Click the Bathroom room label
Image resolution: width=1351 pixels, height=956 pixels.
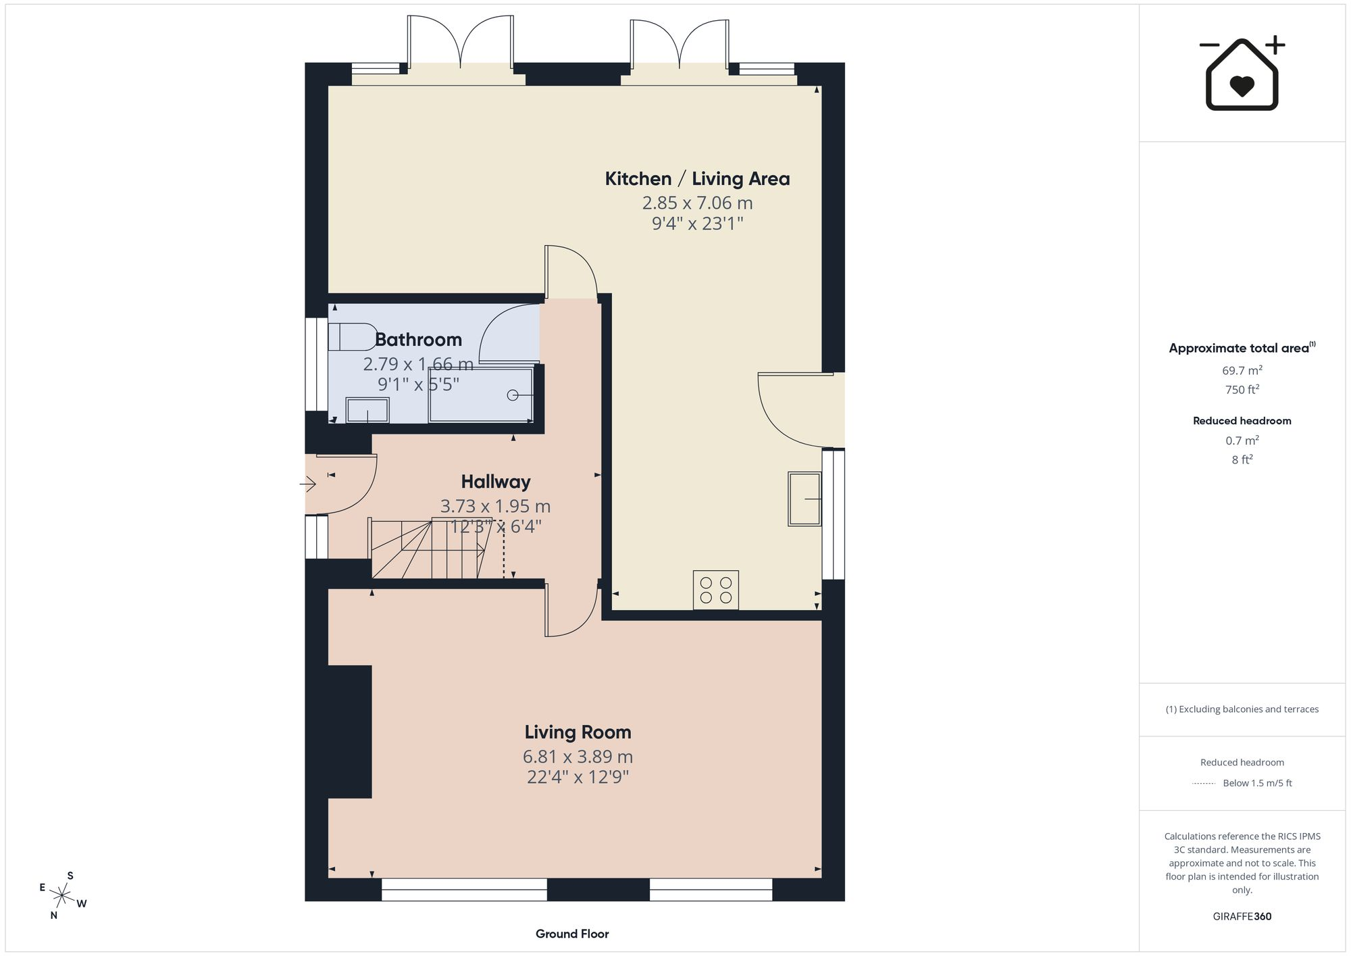(x=418, y=339)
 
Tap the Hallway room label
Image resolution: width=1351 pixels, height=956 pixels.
(x=496, y=482)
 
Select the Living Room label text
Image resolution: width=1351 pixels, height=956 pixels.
(x=578, y=732)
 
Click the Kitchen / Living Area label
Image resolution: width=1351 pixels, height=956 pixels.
(x=697, y=178)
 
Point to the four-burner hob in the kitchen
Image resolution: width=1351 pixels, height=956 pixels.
(x=715, y=590)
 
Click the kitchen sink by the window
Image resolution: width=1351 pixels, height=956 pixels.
(x=805, y=499)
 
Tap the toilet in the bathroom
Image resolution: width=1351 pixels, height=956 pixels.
(x=352, y=336)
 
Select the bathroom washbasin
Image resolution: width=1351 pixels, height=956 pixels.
(x=367, y=410)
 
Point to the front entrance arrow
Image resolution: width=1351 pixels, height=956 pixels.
(x=308, y=484)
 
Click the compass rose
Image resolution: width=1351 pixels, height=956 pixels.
(x=62, y=896)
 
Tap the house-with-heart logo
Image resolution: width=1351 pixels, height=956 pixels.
(x=1242, y=73)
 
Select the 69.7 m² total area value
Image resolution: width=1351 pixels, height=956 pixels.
(x=1242, y=370)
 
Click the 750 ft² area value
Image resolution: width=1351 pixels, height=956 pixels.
(x=1242, y=390)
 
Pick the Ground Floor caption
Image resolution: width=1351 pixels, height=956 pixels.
(x=572, y=934)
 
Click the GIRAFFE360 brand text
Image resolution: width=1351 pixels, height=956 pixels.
(x=1242, y=917)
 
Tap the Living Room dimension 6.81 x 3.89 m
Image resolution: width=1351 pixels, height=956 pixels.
(x=578, y=757)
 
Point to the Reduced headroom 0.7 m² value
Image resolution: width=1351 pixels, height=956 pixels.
(x=1242, y=441)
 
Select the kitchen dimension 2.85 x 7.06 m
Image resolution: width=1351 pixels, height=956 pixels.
(x=697, y=203)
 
